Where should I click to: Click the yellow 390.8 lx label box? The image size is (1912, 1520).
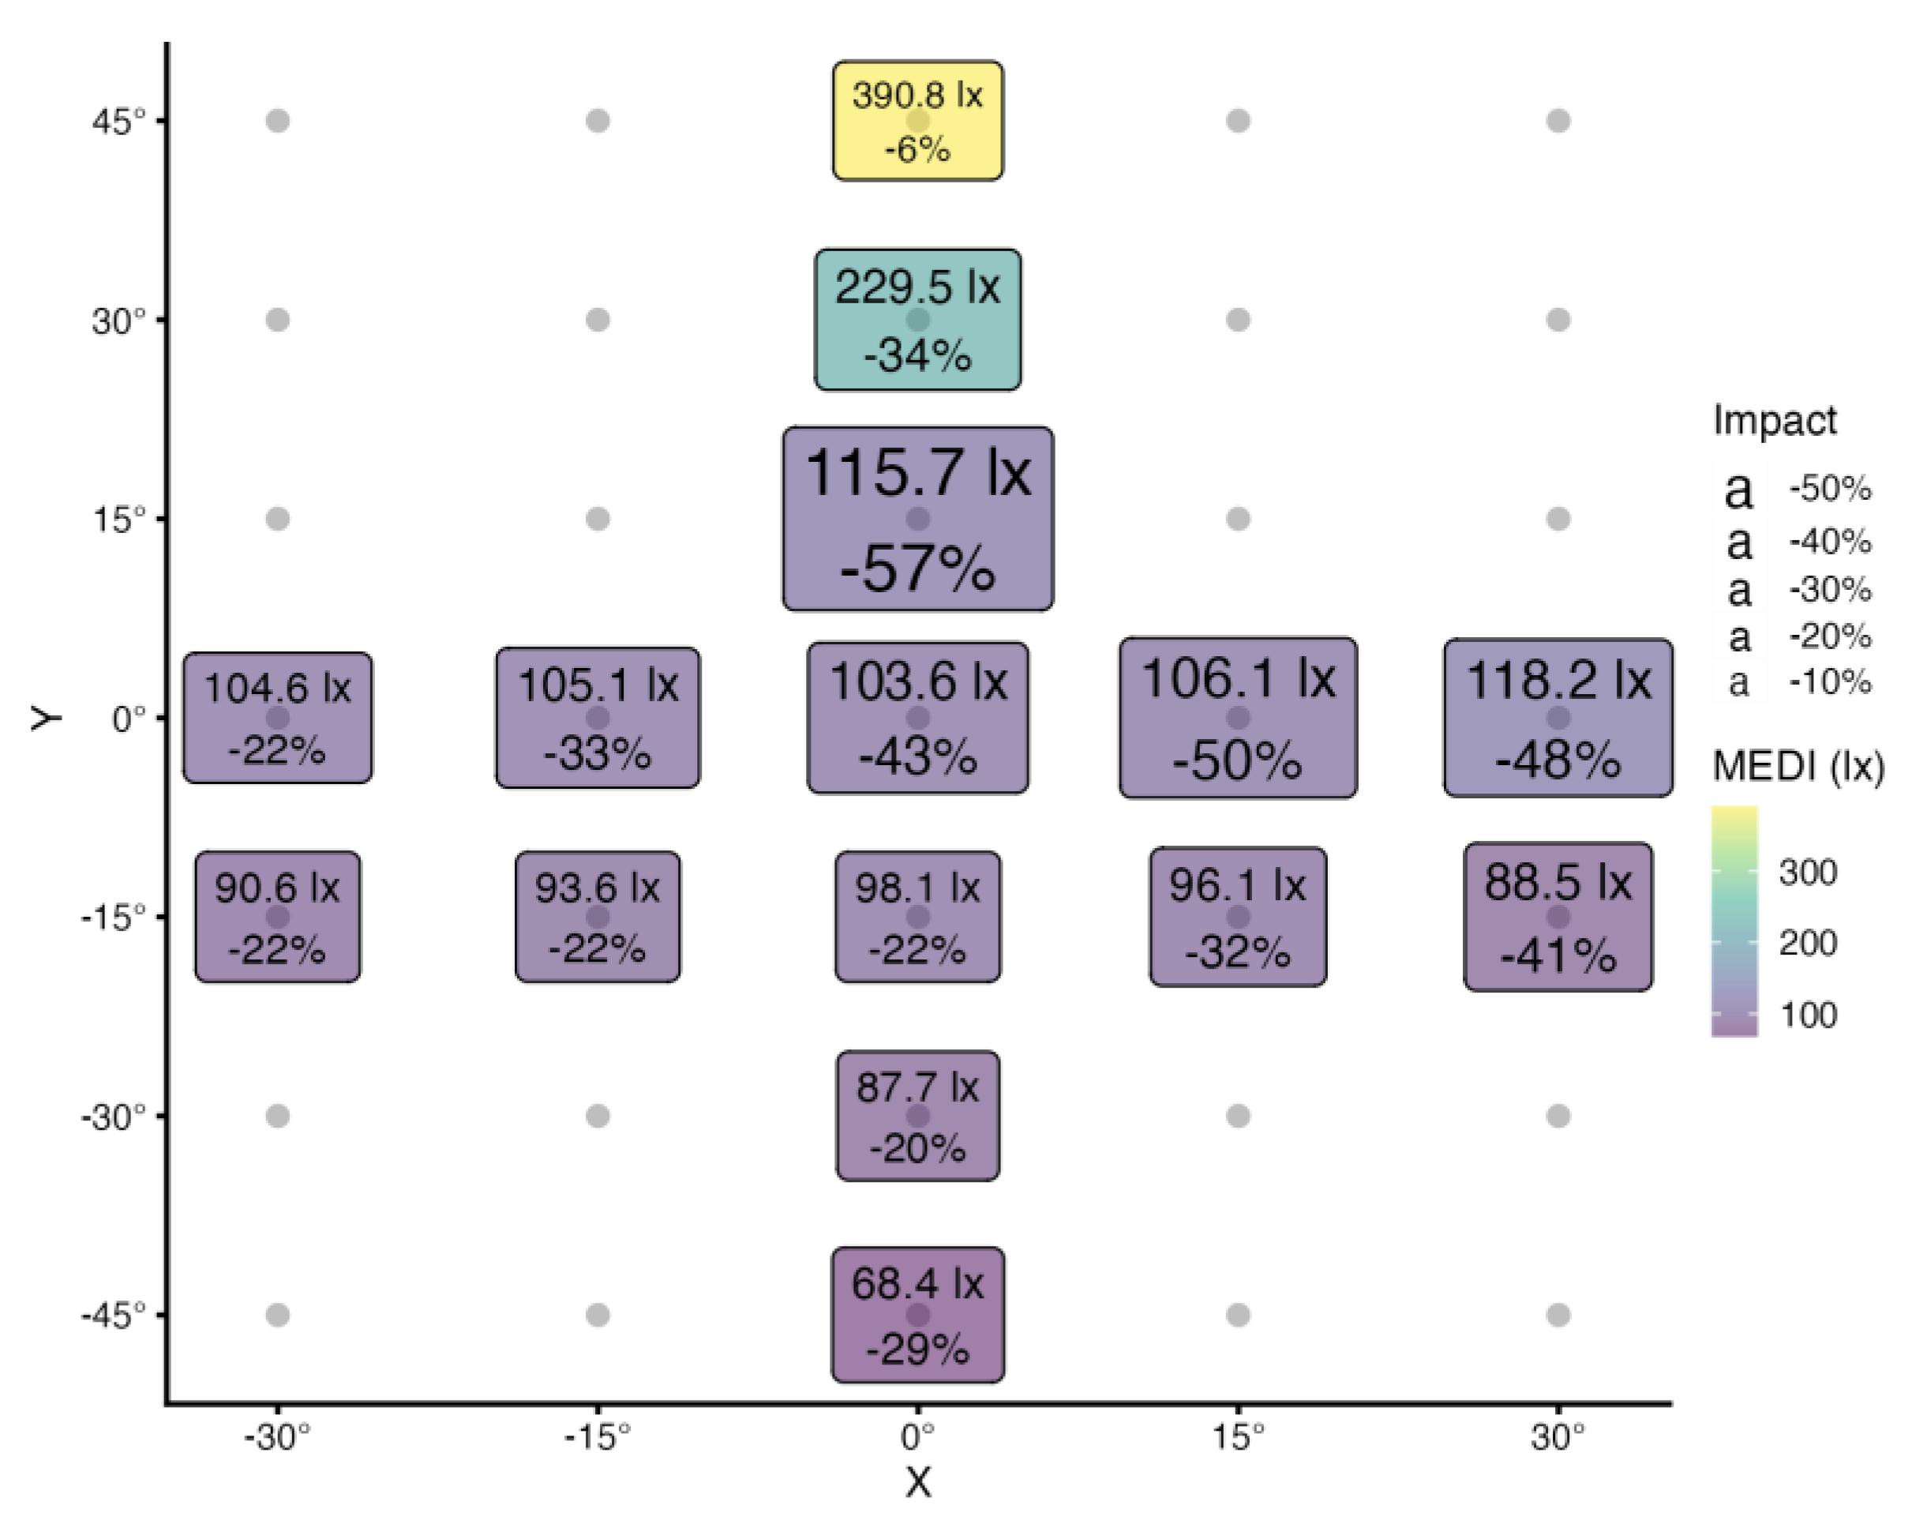[x=918, y=121]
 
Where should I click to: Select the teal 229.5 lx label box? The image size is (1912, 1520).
[x=918, y=319]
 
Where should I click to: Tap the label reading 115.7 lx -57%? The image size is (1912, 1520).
[x=918, y=519]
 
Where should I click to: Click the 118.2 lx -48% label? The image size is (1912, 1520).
[x=1558, y=718]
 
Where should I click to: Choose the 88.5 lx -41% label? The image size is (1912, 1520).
[x=1558, y=917]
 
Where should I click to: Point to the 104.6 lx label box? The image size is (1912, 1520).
[x=278, y=718]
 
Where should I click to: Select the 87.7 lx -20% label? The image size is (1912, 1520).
[x=918, y=1116]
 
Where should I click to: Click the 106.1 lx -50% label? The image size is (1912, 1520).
[x=1238, y=718]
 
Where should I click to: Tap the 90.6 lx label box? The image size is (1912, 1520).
[x=278, y=917]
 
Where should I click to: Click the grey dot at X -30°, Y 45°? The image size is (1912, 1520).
[x=278, y=121]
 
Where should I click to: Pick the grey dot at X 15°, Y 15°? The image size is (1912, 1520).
[x=1238, y=519]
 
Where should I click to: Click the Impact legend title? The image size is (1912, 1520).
[x=1775, y=420]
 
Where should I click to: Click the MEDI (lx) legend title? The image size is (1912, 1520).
[x=1798, y=766]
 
